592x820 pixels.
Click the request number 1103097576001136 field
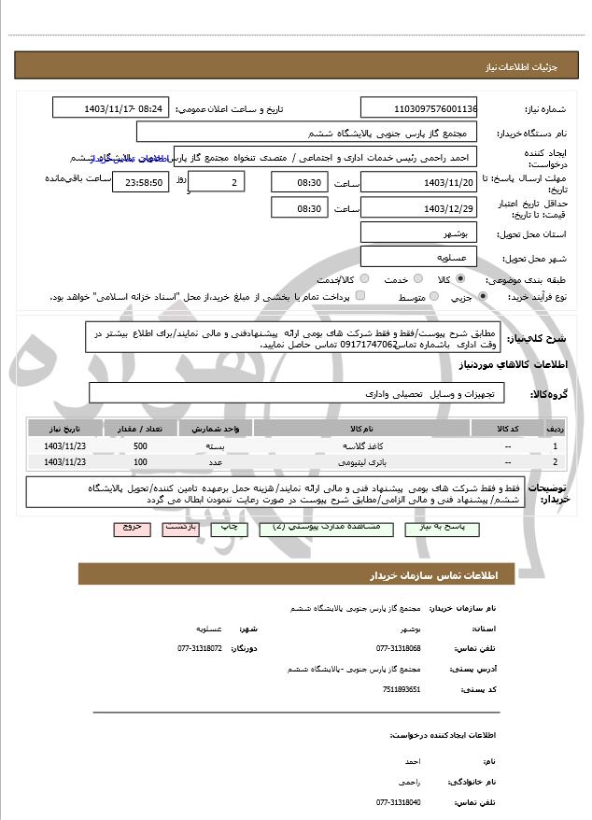click(x=418, y=108)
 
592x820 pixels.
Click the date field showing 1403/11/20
click(x=418, y=181)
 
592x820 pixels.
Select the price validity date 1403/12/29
click(x=418, y=207)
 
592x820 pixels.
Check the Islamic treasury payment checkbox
click(x=360, y=296)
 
